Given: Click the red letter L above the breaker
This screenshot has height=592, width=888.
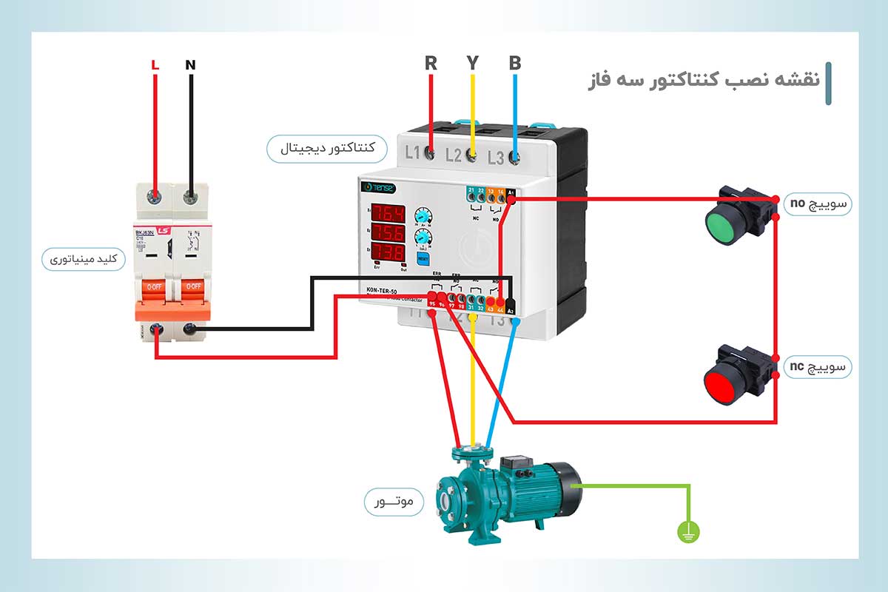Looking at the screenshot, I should [155, 65].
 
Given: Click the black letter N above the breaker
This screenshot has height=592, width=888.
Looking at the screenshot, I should [190, 65].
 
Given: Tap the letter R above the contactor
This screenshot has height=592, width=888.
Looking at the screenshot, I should [431, 63].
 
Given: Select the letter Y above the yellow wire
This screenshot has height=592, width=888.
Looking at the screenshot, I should [473, 63].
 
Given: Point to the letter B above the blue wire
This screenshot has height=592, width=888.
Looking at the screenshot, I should [515, 63].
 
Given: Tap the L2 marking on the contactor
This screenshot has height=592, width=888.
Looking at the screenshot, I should [454, 155].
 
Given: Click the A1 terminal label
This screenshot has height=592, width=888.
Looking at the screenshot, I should [511, 192].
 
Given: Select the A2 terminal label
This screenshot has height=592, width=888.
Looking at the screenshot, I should [510, 311].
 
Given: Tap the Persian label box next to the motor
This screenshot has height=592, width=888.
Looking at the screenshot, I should [393, 502].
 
